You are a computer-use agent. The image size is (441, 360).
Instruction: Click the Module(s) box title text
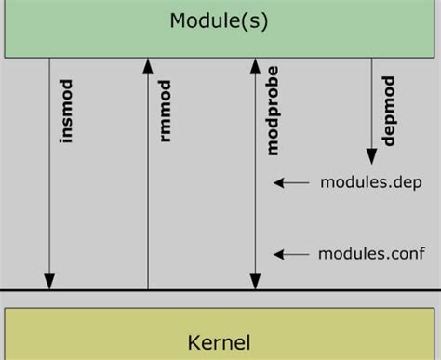tap(220, 20)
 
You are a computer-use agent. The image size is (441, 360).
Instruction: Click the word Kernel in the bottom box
tap(220, 342)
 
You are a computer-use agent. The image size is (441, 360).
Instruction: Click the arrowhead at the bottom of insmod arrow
tap(49, 282)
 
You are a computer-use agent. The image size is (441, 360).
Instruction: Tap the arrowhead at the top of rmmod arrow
tap(147, 65)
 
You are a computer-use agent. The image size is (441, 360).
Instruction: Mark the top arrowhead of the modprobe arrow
tap(254, 65)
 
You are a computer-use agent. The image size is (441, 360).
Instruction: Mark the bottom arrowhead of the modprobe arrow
tap(254, 282)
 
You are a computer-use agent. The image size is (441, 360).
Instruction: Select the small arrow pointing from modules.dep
tap(290, 183)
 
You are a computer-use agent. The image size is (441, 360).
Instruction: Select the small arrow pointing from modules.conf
tap(290, 253)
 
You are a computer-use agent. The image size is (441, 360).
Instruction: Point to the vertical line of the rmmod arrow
tap(147, 186)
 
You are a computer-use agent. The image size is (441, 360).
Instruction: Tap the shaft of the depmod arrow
tap(371, 102)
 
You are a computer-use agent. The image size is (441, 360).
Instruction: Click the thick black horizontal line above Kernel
tap(220, 290)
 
